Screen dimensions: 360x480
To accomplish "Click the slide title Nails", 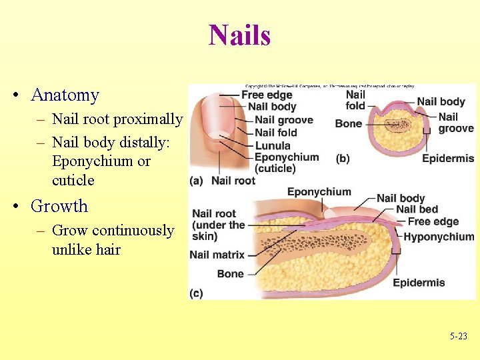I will (x=239, y=35).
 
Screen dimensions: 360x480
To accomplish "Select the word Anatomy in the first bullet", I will (x=65, y=95).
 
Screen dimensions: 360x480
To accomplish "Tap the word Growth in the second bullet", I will (x=59, y=206).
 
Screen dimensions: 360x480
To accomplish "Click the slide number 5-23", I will (x=458, y=337).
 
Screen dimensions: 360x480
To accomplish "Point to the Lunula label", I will (x=273, y=145).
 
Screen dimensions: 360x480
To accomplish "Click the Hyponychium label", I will (x=439, y=237).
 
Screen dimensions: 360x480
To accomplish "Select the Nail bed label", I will (x=418, y=209).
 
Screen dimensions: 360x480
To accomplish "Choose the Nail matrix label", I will (x=217, y=254).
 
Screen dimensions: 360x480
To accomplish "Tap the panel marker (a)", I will (x=197, y=180).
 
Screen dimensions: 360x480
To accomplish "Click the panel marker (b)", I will (x=343, y=159).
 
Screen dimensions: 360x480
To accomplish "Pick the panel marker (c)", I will (x=197, y=293).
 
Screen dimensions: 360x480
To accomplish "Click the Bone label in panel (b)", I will (x=348, y=123).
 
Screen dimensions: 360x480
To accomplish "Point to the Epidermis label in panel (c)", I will (x=419, y=283).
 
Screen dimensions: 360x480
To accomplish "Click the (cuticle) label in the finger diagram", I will (x=275, y=168).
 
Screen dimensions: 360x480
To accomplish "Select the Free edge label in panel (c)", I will (x=433, y=221).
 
